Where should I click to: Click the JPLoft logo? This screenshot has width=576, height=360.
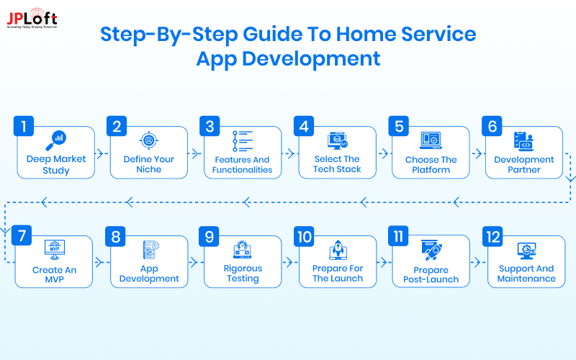point(32,19)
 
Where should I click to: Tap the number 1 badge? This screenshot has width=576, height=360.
point(24,127)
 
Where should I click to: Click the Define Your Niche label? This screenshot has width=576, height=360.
point(148,164)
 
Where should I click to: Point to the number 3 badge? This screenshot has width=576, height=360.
point(210,127)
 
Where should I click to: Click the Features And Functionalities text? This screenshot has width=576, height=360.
point(242,164)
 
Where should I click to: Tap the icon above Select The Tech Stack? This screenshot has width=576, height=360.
point(337,140)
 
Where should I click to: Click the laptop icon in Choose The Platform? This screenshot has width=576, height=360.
point(431,140)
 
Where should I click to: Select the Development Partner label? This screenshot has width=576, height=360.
point(524,164)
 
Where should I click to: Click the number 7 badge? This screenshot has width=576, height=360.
point(24,235)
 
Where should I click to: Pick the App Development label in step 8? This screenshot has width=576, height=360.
point(149,274)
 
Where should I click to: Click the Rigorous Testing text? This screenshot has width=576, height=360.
point(243,274)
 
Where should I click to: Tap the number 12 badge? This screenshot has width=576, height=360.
point(493,235)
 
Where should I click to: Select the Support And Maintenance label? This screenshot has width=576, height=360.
point(526,274)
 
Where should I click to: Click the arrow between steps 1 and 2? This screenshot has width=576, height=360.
point(102,153)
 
